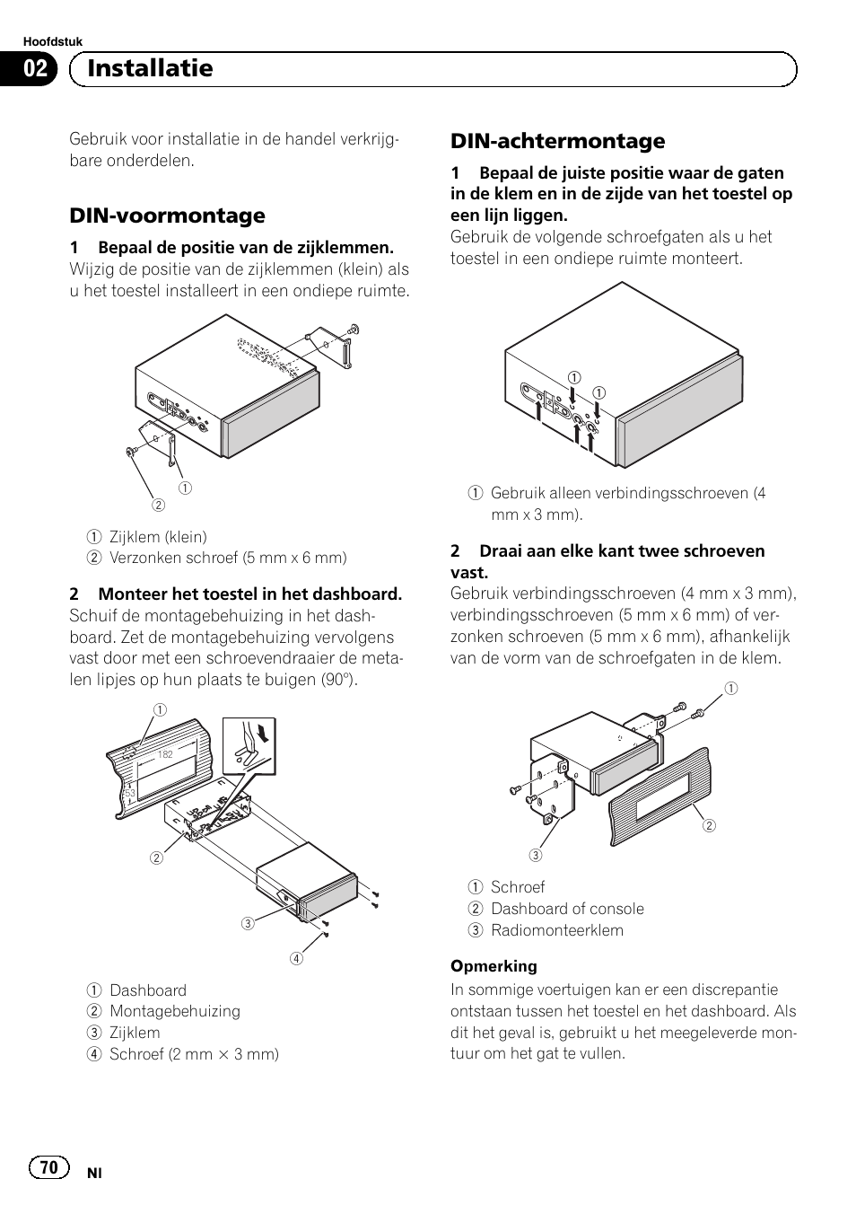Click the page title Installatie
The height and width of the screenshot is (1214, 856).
tap(150, 68)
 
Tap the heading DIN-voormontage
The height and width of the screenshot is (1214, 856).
tap(168, 216)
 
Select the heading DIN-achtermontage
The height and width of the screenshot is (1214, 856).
tap(557, 141)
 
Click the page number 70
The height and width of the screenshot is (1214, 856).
tap(48, 1166)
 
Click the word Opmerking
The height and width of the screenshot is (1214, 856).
tap(494, 966)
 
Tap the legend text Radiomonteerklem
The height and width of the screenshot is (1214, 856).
tap(556, 930)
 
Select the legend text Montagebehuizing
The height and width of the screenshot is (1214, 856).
tap(175, 1011)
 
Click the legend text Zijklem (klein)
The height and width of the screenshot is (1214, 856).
tap(158, 537)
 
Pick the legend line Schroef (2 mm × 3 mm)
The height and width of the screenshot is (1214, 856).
tap(194, 1054)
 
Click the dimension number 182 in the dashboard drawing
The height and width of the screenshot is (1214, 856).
tap(165, 754)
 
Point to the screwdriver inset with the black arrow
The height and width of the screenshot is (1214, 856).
tap(249, 745)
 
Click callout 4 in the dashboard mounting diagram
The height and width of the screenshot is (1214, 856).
tap(296, 958)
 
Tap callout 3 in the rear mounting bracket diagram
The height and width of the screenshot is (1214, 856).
tap(535, 856)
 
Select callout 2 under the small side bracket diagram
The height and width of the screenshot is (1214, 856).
tap(159, 505)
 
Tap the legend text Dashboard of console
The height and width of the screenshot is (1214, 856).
tap(567, 909)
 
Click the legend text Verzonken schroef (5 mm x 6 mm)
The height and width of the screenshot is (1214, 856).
tap(228, 558)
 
